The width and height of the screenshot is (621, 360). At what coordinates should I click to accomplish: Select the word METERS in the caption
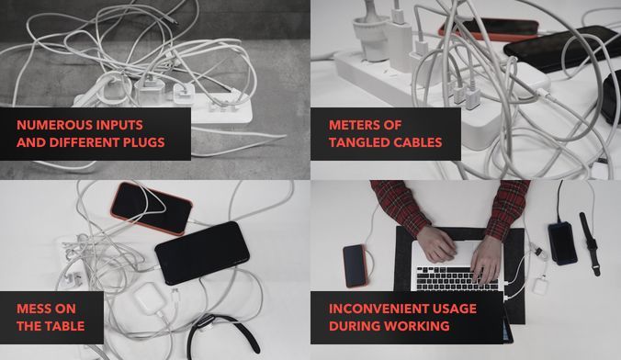pyautogui.click(x=351, y=125)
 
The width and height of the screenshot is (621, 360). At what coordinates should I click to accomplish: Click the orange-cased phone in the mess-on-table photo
pyautogui.click(x=152, y=208)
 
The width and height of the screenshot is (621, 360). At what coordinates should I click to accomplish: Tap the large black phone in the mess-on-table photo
pyautogui.click(x=202, y=253)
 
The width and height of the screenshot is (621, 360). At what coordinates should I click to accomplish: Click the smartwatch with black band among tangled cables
pyautogui.click(x=221, y=332)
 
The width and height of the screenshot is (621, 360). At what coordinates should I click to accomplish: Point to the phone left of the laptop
pyautogui.click(x=355, y=265)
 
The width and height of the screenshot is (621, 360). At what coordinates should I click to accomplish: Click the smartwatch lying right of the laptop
pyautogui.click(x=590, y=243)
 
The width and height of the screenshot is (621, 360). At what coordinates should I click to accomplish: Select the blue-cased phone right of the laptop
pyautogui.click(x=562, y=243)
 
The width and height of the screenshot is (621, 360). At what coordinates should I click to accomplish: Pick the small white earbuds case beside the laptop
pyautogui.click(x=539, y=286)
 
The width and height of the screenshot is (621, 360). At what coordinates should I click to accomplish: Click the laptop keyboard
pyautogui.click(x=456, y=278)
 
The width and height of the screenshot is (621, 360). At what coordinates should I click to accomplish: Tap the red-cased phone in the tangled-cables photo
pyautogui.click(x=489, y=29)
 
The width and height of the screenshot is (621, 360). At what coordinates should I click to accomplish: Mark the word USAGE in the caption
pyautogui.click(x=456, y=309)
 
